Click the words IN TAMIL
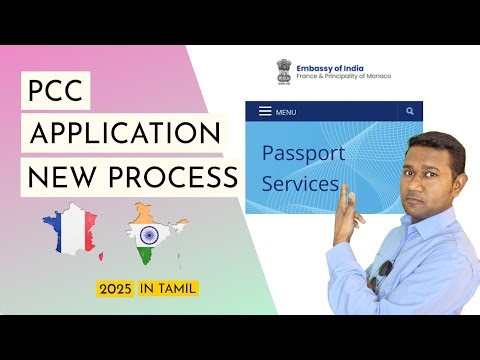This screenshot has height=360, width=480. coord(168,289)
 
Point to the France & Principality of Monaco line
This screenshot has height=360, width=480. coord(343,77)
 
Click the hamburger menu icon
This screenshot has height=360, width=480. coord(264,112)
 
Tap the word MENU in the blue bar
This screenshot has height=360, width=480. coord(286,112)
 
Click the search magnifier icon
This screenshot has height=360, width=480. coord(409,112)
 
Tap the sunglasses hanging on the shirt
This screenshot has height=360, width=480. coord(386,272)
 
